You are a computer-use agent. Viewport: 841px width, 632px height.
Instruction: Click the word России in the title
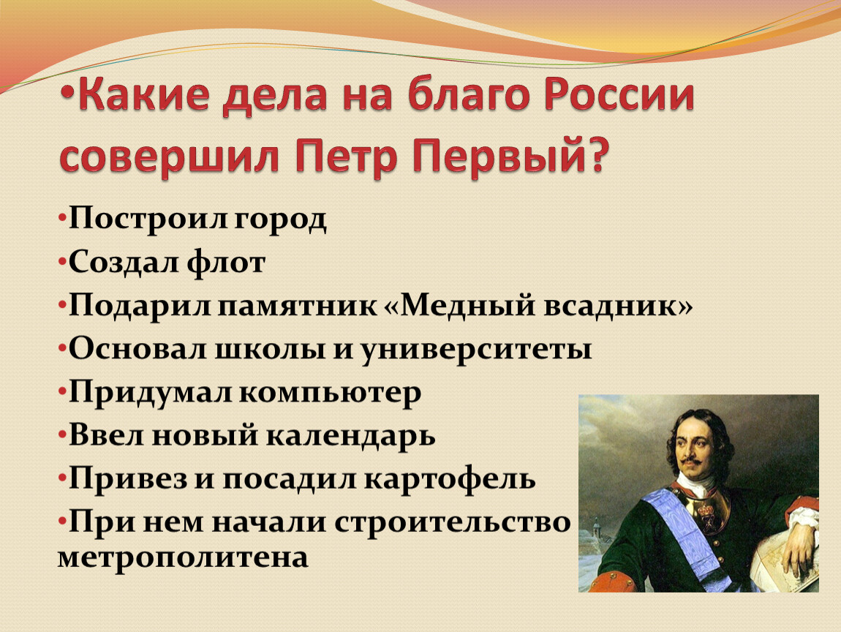tap(619, 97)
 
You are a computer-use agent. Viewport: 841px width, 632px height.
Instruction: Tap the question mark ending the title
tap(597, 154)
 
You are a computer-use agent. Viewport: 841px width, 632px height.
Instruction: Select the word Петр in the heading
tap(346, 156)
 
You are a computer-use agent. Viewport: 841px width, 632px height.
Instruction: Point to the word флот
tap(227, 263)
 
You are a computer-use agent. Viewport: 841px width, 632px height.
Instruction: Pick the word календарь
tap(351, 436)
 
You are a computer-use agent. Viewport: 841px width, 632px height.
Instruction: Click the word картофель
tap(450, 479)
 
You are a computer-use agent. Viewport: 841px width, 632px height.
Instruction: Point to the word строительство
tap(453, 522)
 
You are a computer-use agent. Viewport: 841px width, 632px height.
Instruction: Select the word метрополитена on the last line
tap(183, 557)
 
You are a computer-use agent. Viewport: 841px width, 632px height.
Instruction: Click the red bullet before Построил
tap(62, 219)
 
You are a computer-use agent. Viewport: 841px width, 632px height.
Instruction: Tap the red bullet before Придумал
tap(62, 391)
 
